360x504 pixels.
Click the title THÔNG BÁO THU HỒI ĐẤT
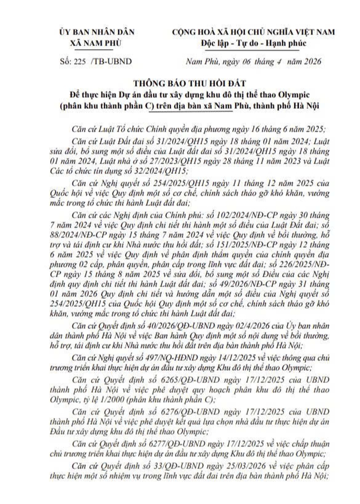click(180, 83)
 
